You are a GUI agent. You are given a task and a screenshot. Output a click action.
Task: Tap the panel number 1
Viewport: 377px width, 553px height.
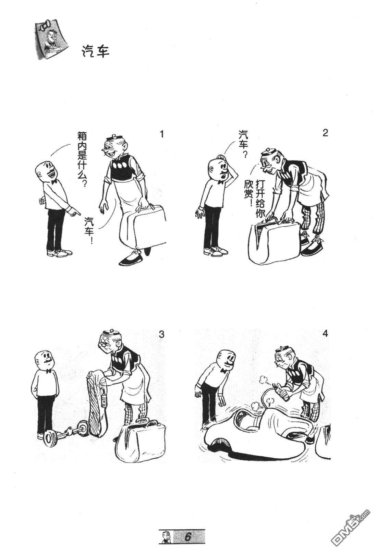coord(162,134)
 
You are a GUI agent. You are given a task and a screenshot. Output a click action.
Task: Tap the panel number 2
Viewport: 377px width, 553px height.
coord(325,133)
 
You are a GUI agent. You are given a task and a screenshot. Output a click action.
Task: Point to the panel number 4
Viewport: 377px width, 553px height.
coord(325,333)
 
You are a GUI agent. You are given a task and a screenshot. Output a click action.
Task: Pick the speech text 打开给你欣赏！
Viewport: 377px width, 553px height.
coord(254,199)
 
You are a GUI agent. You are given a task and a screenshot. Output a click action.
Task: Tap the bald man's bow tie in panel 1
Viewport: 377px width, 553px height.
coord(53,182)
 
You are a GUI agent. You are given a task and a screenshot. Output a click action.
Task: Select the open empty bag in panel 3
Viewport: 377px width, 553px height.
coord(141,442)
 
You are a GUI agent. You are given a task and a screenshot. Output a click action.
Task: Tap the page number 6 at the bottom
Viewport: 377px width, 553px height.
coord(188,537)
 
